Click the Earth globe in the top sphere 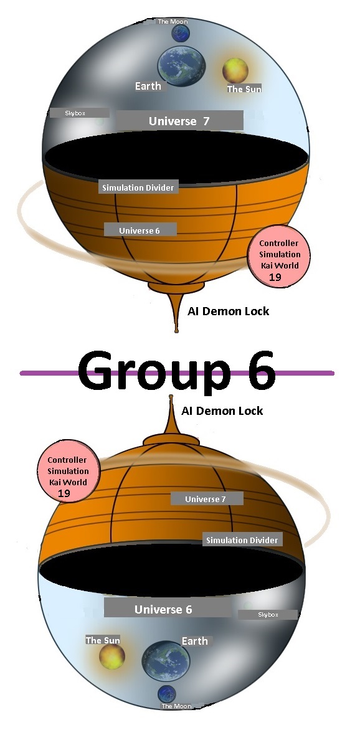182,66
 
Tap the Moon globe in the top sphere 180,34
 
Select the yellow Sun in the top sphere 235,70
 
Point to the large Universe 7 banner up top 179,121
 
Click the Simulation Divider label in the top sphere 138,187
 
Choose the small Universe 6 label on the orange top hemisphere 140,230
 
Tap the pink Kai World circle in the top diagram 279,257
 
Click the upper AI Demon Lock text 229,311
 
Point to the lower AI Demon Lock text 222,410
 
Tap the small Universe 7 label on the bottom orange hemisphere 207,499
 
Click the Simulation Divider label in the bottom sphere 242,540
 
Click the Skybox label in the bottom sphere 268,614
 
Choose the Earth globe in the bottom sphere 166,661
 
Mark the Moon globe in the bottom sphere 166,694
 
